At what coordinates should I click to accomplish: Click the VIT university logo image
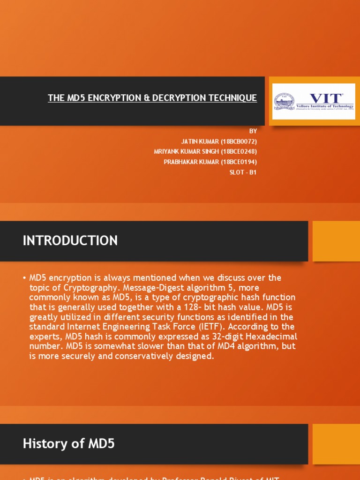[314, 101]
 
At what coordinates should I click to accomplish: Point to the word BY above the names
[253, 131]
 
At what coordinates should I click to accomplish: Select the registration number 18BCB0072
[239, 141]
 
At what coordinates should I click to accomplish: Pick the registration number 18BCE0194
[239, 162]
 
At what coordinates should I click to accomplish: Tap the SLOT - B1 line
[243, 172]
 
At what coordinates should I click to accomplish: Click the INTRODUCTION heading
[70, 241]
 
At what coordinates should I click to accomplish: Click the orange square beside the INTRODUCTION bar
[336, 241]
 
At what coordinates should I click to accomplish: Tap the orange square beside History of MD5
[336, 444]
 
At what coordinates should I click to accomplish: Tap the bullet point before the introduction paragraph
[24, 278]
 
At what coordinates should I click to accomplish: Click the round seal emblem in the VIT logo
[284, 101]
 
